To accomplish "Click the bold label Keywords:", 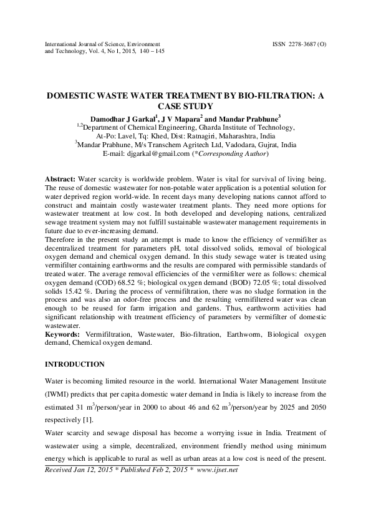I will (64, 335).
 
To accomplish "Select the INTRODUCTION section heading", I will (75, 364).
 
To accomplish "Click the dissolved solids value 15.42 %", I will (74, 291).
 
